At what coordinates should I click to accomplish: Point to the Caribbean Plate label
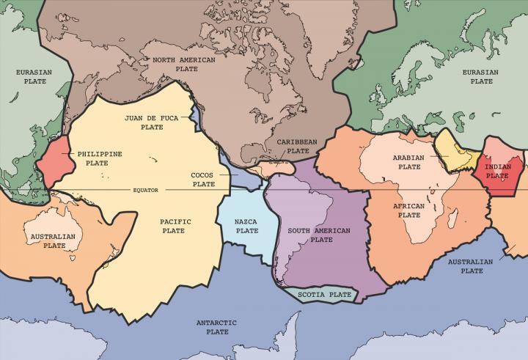(x=297, y=146)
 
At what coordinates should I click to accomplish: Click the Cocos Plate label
(x=203, y=180)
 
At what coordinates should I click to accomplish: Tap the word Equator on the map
(x=145, y=190)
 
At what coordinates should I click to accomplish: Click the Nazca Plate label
(x=246, y=226)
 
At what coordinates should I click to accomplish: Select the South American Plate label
(x=319, y=235)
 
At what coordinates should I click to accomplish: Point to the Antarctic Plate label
(x=213, y=327)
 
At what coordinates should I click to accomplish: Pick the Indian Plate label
(x=498, y=171)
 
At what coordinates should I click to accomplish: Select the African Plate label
(x=409, y=210)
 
